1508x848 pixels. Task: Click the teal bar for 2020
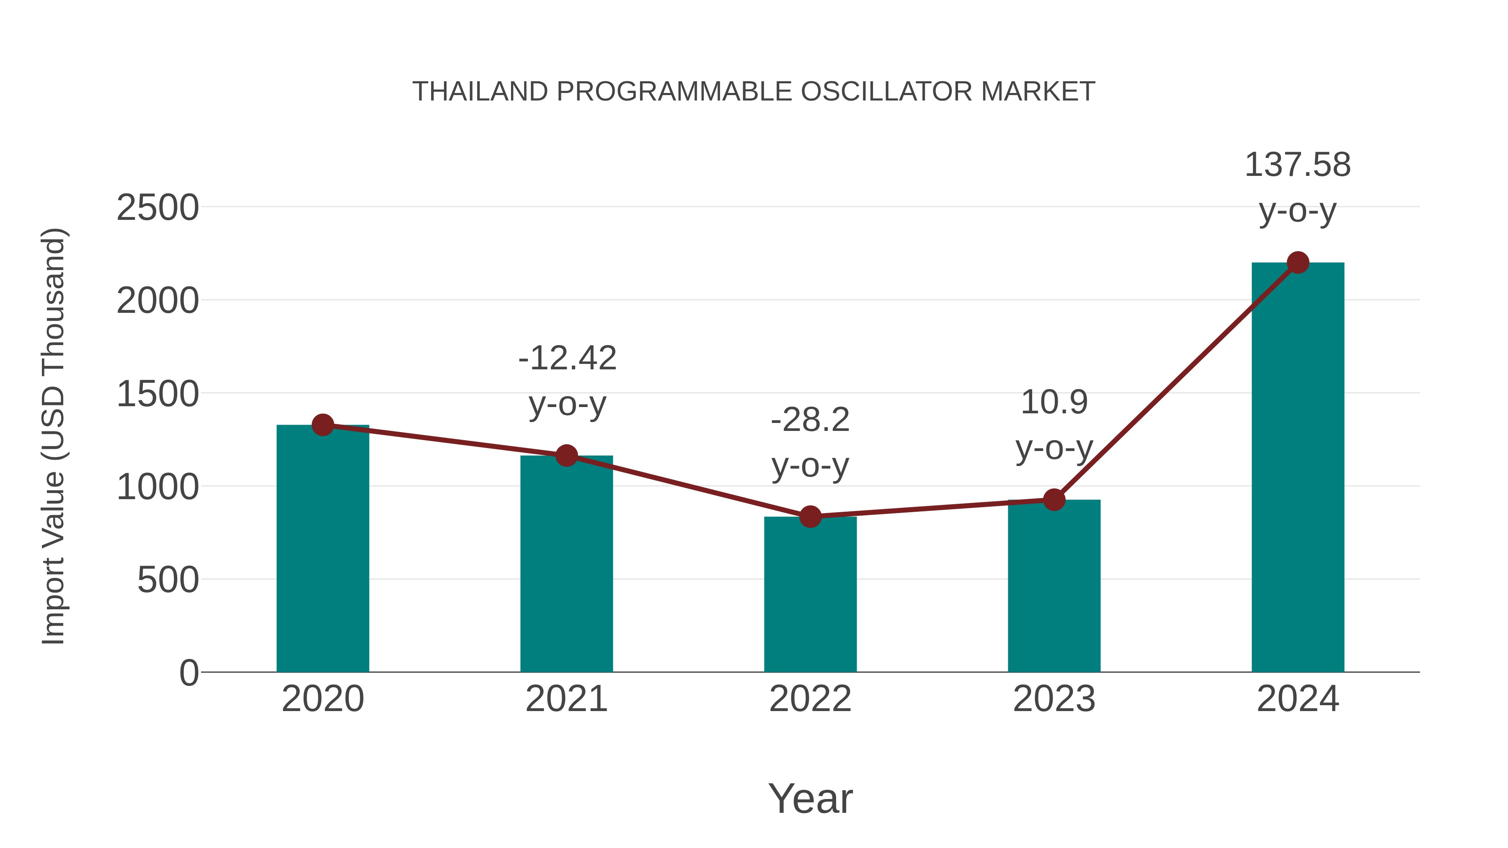click(323, 550)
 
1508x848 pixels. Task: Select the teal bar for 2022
click(810, 594)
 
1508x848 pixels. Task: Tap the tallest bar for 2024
click(1298, 468)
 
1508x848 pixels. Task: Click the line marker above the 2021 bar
click(566, 455)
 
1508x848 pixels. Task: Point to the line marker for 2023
click(1054, 500)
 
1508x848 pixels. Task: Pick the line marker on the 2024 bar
click(1298, 263)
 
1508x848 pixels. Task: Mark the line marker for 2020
click(323, 425)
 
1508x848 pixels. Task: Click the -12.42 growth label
click(567, 358)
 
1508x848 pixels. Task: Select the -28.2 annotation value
click(810, 420)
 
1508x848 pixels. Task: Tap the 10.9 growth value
click(1054, 402)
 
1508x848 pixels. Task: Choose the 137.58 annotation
click(1297, 165)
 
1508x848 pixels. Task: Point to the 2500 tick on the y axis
click(158, 208)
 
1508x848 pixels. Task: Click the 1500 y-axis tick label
click(158, 394)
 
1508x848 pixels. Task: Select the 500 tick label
click(168, 580)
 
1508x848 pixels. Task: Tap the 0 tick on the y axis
click(189, 673)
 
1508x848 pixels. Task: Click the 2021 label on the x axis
click(566, 699)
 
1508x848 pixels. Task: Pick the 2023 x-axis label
click(1054, 699)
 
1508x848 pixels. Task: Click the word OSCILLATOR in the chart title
click(887, 92)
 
